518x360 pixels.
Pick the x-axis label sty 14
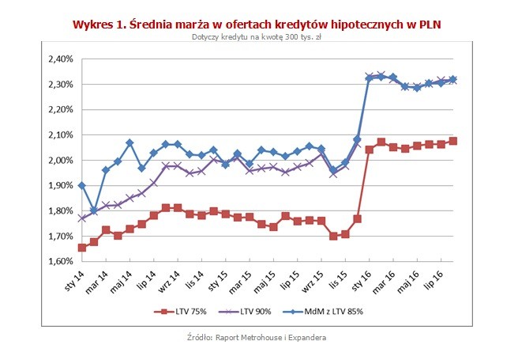pos(73,279)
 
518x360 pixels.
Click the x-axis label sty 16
pos(362,279)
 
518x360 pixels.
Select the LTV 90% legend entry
pos(249,311)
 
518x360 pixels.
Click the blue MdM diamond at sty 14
pos(81,185)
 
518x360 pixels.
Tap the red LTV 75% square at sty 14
pos(81,248)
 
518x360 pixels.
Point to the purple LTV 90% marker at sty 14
pos(81,218)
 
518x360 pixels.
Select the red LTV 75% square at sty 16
pos(369,149)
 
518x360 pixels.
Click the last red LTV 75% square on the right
pos(453,141)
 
